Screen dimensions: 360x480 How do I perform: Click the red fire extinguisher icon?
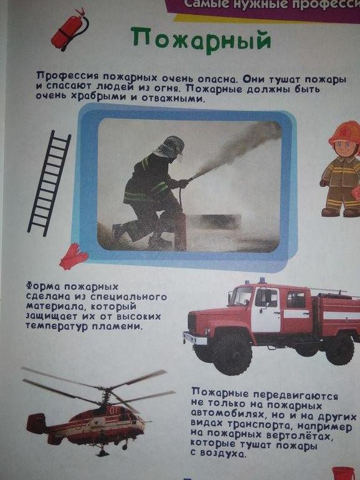click(x=70, y=30)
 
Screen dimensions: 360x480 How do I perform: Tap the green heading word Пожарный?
click(x=202, y=40)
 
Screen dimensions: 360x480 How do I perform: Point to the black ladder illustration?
click(x=50, y=183)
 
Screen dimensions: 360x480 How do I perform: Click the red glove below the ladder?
click(x=73, y=256)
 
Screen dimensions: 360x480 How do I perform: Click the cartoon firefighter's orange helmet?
click(x=344, y=133)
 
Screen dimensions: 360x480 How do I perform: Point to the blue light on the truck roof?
click(x=262, y=281)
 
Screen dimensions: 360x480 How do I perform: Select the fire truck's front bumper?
click(x=195, y=338)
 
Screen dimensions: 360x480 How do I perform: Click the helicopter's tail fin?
click(x=36, y=423)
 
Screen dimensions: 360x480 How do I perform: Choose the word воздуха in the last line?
click(x=222, y=454)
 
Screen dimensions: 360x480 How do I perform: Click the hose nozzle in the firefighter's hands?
click(x=190, y=178)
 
